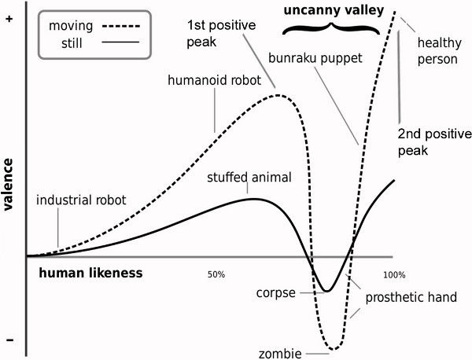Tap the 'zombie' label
[286, 354]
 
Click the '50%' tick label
[216, 275]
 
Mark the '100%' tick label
[393, 275]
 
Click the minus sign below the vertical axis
[9, 340]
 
